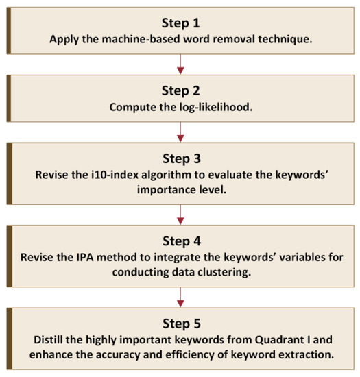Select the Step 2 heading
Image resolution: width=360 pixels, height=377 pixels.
(181, 92)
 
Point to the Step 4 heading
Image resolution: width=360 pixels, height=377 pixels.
(181, 241)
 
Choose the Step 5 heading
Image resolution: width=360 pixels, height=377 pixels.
(181, 324)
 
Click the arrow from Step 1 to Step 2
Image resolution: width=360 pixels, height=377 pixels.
(181, 62)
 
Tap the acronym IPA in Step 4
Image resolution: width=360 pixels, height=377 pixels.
(85, 257)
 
